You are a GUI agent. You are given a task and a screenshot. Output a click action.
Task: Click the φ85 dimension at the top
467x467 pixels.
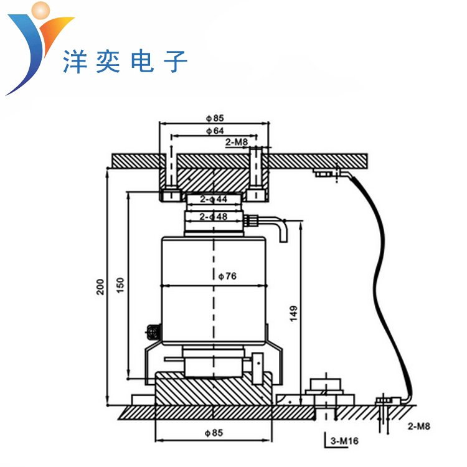(214, 117)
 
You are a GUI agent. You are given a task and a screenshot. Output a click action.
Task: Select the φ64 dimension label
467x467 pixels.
(214, 131)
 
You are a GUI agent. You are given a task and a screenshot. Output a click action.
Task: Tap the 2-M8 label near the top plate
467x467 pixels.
(237, 143)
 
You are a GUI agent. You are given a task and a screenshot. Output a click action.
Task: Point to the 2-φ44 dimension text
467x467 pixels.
(213, 199)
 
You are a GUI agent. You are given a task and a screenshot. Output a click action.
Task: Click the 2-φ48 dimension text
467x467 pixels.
(213, 217)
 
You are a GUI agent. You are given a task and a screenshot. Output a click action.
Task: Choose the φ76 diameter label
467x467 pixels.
(227, 275)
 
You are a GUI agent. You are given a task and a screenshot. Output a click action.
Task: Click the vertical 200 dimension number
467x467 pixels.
(100, 286)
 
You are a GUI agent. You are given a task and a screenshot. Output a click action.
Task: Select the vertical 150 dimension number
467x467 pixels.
(121, 284)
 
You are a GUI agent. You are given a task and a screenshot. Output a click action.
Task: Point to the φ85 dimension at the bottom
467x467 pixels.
(214, 432)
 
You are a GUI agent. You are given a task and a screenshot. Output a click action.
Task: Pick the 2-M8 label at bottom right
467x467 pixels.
(419, 427)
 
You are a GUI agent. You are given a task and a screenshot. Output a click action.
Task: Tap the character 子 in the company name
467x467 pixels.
(176, 62)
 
